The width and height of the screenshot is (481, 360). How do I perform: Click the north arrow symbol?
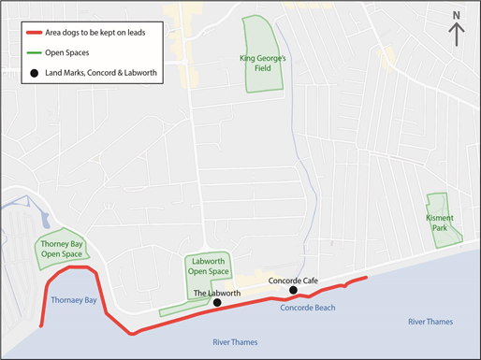click(457, 35)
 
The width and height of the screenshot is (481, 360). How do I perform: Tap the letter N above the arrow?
click(457, 15)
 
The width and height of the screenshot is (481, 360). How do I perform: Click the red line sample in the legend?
click(34, 32)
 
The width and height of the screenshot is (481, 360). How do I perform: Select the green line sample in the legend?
click(34, 53)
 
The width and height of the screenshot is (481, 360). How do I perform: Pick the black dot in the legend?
click(35, 73)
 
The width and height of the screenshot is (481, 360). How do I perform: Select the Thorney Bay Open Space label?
click(62, 249)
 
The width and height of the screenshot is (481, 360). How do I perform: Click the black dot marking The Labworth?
click(216, 303)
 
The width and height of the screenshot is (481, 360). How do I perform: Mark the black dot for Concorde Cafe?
click(294, 290)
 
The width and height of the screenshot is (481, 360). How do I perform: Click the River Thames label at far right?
click(430, 322)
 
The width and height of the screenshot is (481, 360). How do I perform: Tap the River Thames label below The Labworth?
click(234, 341)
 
